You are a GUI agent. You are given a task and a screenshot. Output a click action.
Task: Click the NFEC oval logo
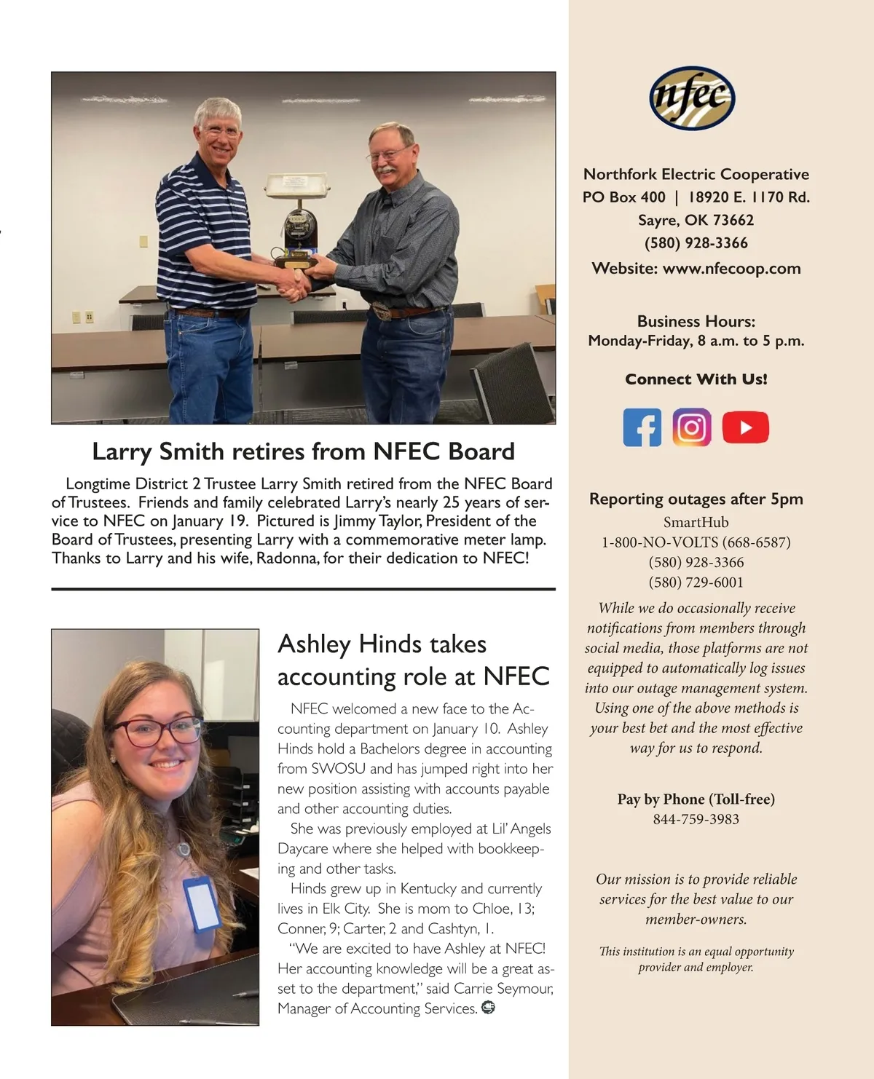[692, 98]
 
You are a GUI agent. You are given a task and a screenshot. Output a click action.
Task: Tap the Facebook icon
[642, 427]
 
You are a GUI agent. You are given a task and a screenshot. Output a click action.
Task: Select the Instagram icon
[691, 427]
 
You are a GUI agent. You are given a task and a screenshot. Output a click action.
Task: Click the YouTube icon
[745, 427]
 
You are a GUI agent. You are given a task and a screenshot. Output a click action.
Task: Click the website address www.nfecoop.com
[731, 269]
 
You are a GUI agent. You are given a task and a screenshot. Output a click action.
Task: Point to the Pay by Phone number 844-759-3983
[696, 819]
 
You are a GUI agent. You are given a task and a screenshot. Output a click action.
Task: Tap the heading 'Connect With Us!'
[696, 379]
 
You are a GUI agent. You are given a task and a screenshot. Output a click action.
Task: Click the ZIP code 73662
[733, 221]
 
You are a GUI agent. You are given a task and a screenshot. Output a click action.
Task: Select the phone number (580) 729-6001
[696, 582]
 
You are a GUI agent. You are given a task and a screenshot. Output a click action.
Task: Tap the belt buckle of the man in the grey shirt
[382, 312]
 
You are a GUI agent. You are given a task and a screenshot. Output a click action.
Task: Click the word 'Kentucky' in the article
[428, 889]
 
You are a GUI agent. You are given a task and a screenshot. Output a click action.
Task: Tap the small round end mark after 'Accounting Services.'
[488, 1008]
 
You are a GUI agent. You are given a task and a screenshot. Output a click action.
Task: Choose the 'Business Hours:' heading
[696, 322]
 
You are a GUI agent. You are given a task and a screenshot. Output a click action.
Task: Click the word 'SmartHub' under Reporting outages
[696, 522]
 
